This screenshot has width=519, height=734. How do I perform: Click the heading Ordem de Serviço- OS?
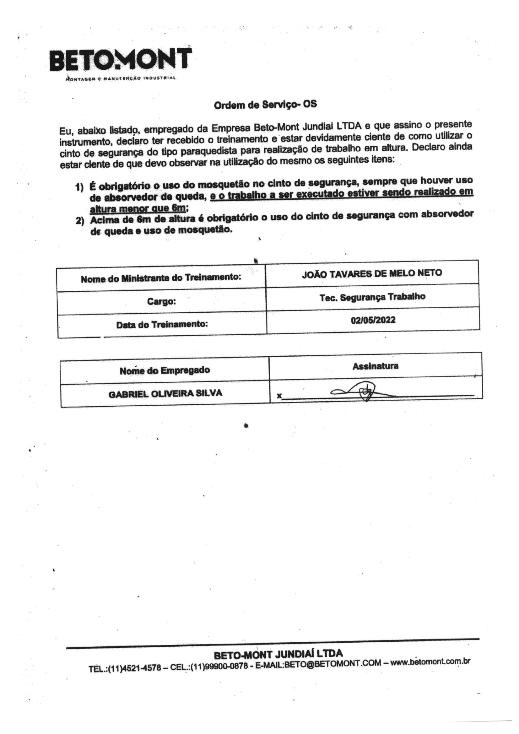[265, 105]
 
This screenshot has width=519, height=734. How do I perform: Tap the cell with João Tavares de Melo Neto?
[372, 273]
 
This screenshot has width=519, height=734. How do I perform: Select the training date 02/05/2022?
[373, 320]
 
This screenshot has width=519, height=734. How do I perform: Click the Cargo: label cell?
[161, 301]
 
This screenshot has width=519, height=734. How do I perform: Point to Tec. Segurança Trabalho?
[373, 297]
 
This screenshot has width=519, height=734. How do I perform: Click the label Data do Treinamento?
[162, 325]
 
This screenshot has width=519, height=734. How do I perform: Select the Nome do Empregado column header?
[165, 370]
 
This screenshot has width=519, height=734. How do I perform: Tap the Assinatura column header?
[376, 366]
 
